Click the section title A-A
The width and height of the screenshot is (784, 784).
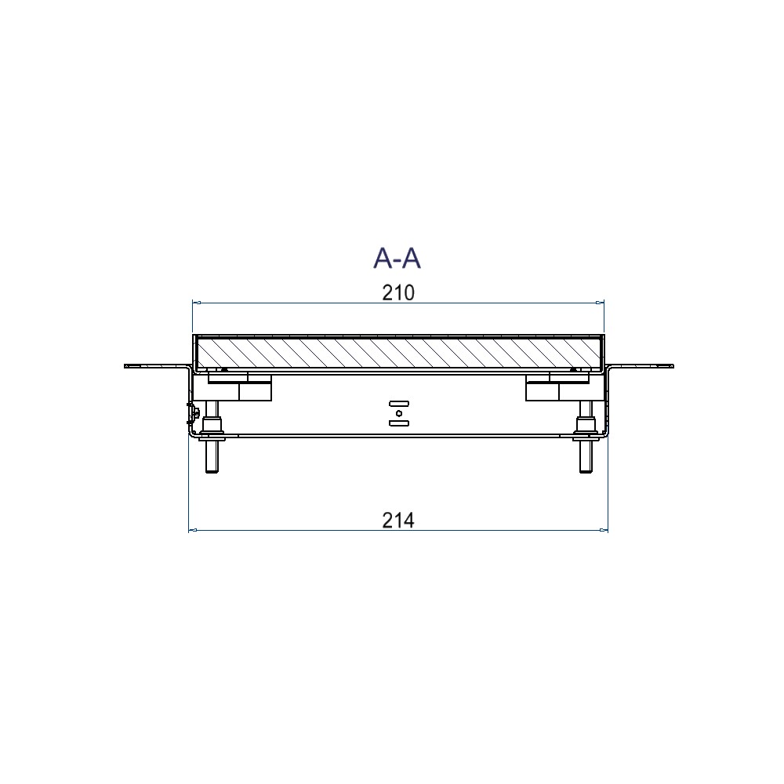[x=397, y=258]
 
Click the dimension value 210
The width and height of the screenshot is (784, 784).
[x=398, y=293]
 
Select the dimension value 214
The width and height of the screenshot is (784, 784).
[x=398, y=521]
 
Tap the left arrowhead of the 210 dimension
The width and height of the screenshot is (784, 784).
[x=197, y=303]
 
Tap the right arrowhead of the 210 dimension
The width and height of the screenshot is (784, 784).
[x=600, y=303]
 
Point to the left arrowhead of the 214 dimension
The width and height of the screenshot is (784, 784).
[x=193, y=530]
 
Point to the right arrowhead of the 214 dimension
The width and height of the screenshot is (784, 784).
[x=604, y=530]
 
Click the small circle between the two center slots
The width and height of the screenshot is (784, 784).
[x=399, y=413]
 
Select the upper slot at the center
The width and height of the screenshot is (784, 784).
[x=399, y=403]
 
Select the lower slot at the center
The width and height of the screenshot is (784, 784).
[x=399, y=423]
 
